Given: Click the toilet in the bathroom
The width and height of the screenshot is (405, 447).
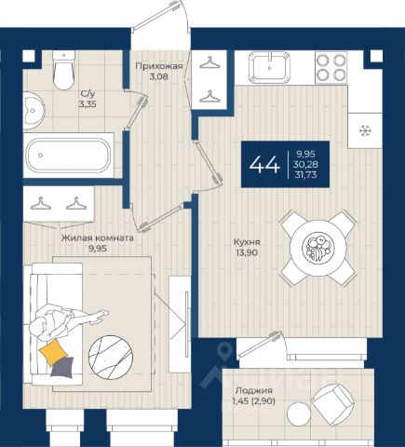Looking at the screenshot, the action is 64,71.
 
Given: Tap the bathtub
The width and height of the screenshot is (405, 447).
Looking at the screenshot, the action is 68,155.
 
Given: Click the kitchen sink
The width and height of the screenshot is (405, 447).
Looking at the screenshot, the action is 270,67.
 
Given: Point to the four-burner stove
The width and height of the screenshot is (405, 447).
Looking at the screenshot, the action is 331,68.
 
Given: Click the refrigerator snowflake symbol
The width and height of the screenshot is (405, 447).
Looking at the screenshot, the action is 365,130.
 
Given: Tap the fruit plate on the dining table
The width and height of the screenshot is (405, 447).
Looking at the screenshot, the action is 318,248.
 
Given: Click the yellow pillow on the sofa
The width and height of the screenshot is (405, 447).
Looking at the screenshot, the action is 53,352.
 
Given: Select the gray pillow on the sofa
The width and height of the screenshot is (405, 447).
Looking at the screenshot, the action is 62,368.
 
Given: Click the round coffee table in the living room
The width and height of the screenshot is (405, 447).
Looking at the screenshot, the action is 111,357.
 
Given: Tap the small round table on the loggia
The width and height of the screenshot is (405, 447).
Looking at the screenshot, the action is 299,413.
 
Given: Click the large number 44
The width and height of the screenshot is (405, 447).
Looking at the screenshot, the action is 264,164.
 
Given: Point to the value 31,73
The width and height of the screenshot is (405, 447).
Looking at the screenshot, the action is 306,175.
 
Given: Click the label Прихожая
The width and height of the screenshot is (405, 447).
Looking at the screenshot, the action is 158,66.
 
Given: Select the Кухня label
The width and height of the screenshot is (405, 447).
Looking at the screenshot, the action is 247,242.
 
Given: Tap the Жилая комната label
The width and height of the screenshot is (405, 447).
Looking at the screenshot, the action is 98,238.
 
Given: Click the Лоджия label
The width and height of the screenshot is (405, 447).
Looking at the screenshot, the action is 254,390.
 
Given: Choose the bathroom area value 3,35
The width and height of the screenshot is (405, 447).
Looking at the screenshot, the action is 88,104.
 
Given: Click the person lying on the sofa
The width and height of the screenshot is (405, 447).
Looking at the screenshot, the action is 67,323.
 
